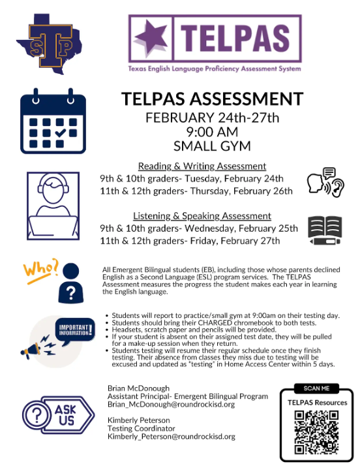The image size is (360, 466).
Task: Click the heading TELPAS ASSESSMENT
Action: (x=212, y=99)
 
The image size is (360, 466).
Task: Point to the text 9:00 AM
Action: (x=212, y=132)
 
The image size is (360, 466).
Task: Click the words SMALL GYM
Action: (x=212, y=146)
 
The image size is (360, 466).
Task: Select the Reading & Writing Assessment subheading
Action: (x=202, y=166)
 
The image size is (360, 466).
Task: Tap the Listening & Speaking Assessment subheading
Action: (x=202, y=216)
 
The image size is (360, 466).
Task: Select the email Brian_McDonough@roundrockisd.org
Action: (x=171, y=405)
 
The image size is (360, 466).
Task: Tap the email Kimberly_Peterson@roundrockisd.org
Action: (x=172, y=437)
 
